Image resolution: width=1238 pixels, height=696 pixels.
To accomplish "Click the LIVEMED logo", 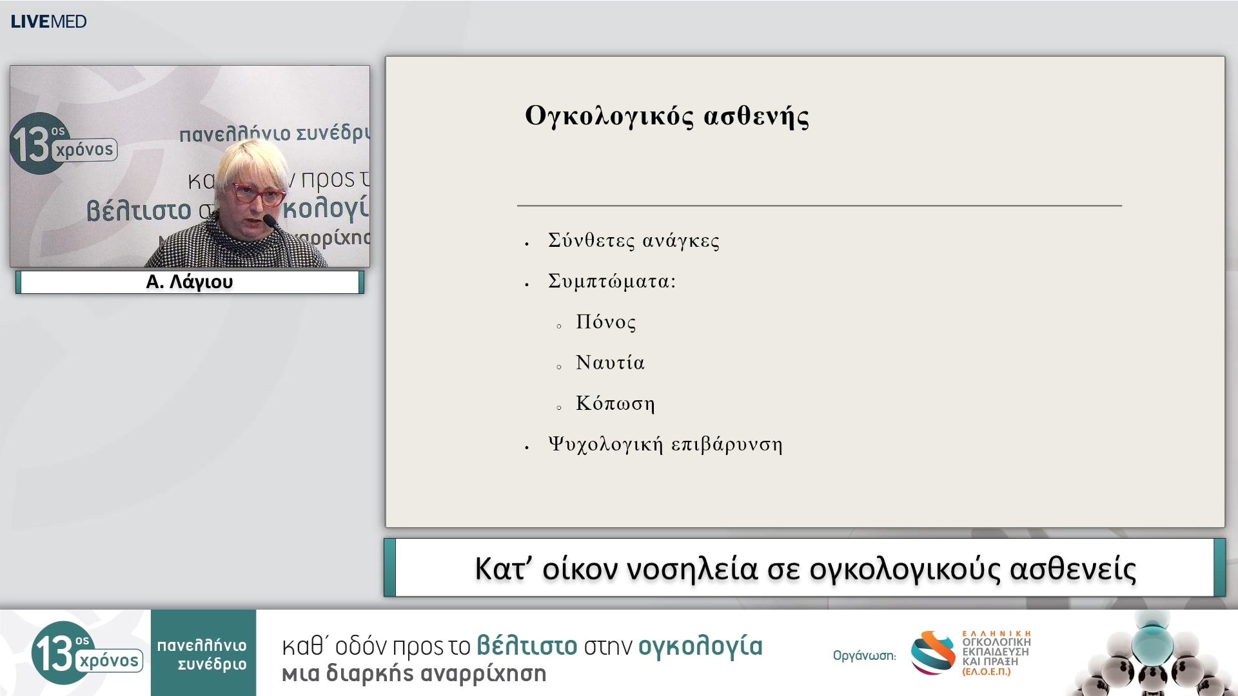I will coord(48,21).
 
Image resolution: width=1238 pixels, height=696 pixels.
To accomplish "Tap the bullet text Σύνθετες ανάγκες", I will coord(633,240).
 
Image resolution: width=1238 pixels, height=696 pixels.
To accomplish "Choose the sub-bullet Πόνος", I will coord(605,322).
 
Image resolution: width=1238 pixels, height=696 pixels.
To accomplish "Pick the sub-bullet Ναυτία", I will coord(610,363).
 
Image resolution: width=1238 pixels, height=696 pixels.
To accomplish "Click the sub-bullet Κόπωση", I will coord(615,403).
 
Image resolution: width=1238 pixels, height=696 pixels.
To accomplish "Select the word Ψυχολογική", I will coord(605,445).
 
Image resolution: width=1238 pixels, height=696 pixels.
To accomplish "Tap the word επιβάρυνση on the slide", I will coord(727,445).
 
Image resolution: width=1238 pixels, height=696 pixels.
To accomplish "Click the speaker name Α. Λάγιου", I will coord(189,282).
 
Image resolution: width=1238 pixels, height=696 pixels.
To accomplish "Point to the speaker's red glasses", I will coord(258,194).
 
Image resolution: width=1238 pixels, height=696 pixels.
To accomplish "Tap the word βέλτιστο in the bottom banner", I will coord(527,646).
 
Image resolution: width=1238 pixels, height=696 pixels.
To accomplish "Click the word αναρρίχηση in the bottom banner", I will coord(484,673).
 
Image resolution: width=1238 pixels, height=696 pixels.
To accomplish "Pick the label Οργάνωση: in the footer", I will coord(864,656).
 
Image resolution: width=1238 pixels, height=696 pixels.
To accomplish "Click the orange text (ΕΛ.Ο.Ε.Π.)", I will coord(987,672).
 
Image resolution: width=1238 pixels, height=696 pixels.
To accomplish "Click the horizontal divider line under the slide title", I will coord(819,206).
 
